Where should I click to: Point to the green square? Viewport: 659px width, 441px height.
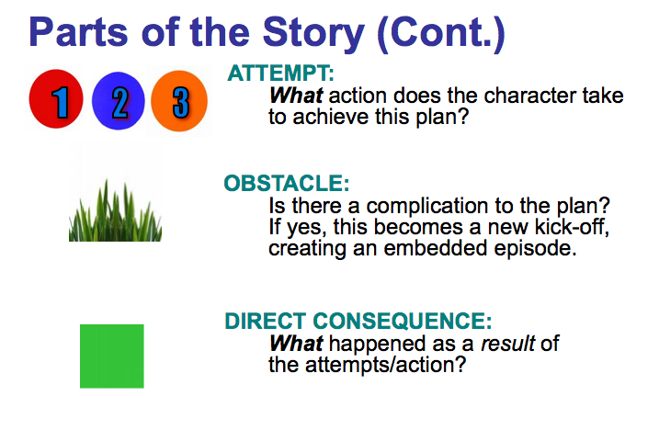tap(111, 356)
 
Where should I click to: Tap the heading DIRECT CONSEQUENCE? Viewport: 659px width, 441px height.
tap(358, 322)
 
